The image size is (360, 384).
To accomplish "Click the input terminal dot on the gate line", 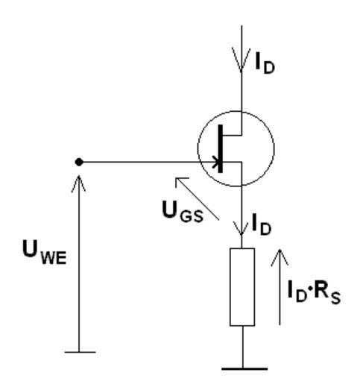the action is (79, 162).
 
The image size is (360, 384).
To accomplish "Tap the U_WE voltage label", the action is (44, 252).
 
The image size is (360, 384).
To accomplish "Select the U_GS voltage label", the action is (183, 213).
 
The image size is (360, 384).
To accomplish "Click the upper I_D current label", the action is (265, 63).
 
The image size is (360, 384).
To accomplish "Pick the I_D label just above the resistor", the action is (261, 224).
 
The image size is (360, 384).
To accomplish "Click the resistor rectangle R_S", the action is (242, 287).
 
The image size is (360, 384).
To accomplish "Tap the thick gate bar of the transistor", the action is (220, 148).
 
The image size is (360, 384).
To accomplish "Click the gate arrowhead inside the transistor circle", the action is (216, 162).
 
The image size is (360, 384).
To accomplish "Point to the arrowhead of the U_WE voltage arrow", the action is (79, 183).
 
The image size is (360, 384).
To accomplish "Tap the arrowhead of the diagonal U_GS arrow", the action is (181, 182).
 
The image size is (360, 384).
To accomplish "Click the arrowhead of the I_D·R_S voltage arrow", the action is (280, 257).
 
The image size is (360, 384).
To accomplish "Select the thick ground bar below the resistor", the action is (244, 369).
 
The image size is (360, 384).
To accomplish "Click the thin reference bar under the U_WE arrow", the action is (80, 352).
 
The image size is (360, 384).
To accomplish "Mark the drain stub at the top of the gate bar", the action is (232, 136).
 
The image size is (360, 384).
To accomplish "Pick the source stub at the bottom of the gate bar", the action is (232, 162).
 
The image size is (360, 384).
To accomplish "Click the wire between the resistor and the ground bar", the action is (242, 347).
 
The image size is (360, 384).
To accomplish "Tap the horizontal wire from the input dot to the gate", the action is (148, 162).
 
